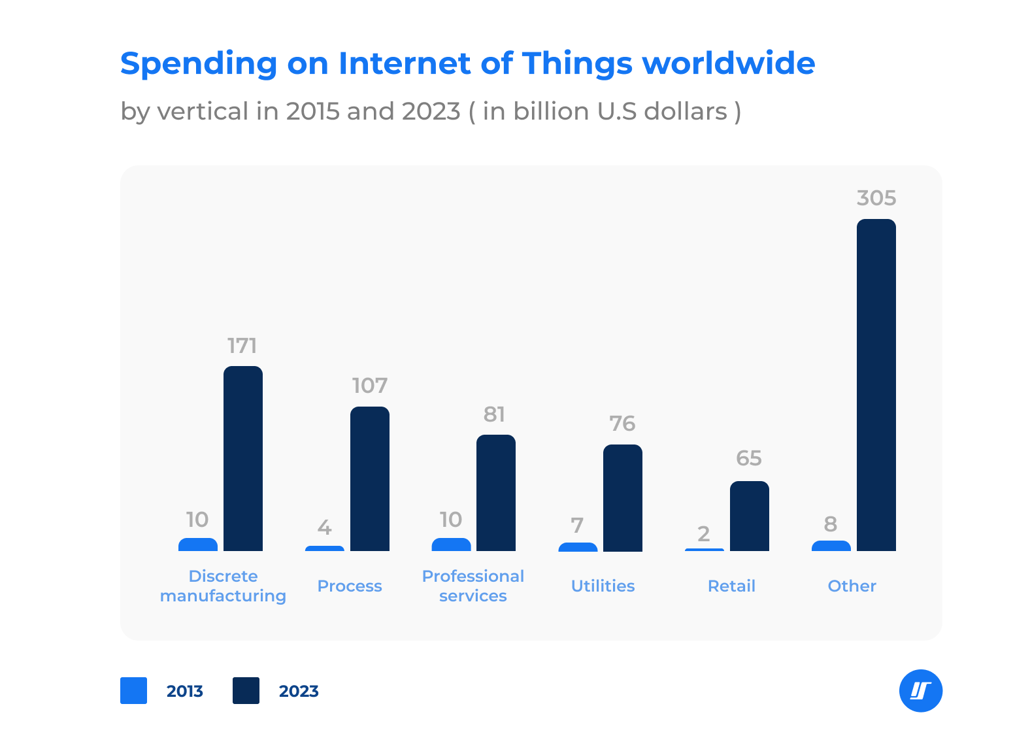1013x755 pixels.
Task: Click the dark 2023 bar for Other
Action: [x=876, y=385]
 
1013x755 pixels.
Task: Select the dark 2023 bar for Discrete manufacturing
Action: [x=243, y=458]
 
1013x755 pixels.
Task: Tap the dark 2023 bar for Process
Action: [x=370, y=478]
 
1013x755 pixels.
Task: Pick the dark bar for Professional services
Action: [x=496, y=493]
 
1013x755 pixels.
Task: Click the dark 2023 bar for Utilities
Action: [x=623, y=497]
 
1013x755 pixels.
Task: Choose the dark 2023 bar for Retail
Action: [x=749, y=516]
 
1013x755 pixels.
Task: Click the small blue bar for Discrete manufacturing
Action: [x=198, y=545]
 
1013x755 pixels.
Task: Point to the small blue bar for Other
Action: [x=831, y=546]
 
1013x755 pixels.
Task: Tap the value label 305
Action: [x=876, y=198]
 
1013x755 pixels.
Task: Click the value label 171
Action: [x=242, y=346]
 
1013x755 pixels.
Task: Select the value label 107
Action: [x=370, y=386]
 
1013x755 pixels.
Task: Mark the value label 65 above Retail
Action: [x=749, y=459]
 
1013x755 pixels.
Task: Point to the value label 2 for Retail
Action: [x=704, y=534]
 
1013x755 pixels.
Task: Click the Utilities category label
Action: [x=603, y=586]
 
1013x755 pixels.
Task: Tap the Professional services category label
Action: [x=473, y=586]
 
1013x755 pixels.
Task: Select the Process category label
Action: [x=350, y=586]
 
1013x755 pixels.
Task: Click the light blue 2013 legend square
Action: [x=134, y=691]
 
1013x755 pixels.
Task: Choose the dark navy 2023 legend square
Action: [x=246, y=691]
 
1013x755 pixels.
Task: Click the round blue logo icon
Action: [x=920, y=691]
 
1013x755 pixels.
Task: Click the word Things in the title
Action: [x=577, y=64]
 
